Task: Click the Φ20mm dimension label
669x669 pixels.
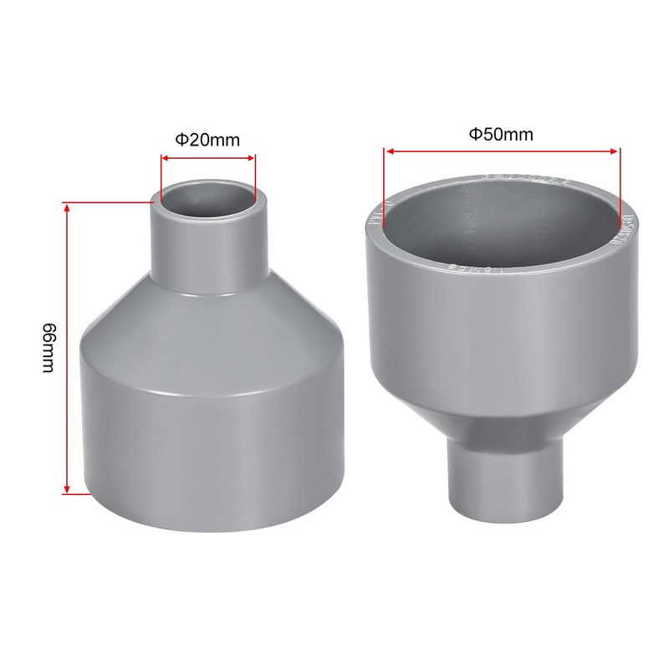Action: [207, 140]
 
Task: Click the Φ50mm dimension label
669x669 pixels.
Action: [500, 134]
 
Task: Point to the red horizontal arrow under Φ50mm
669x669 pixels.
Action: [501, 151]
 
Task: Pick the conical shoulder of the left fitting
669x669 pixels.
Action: [209, 326]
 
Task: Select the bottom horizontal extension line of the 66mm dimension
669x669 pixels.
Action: [78, 493]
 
